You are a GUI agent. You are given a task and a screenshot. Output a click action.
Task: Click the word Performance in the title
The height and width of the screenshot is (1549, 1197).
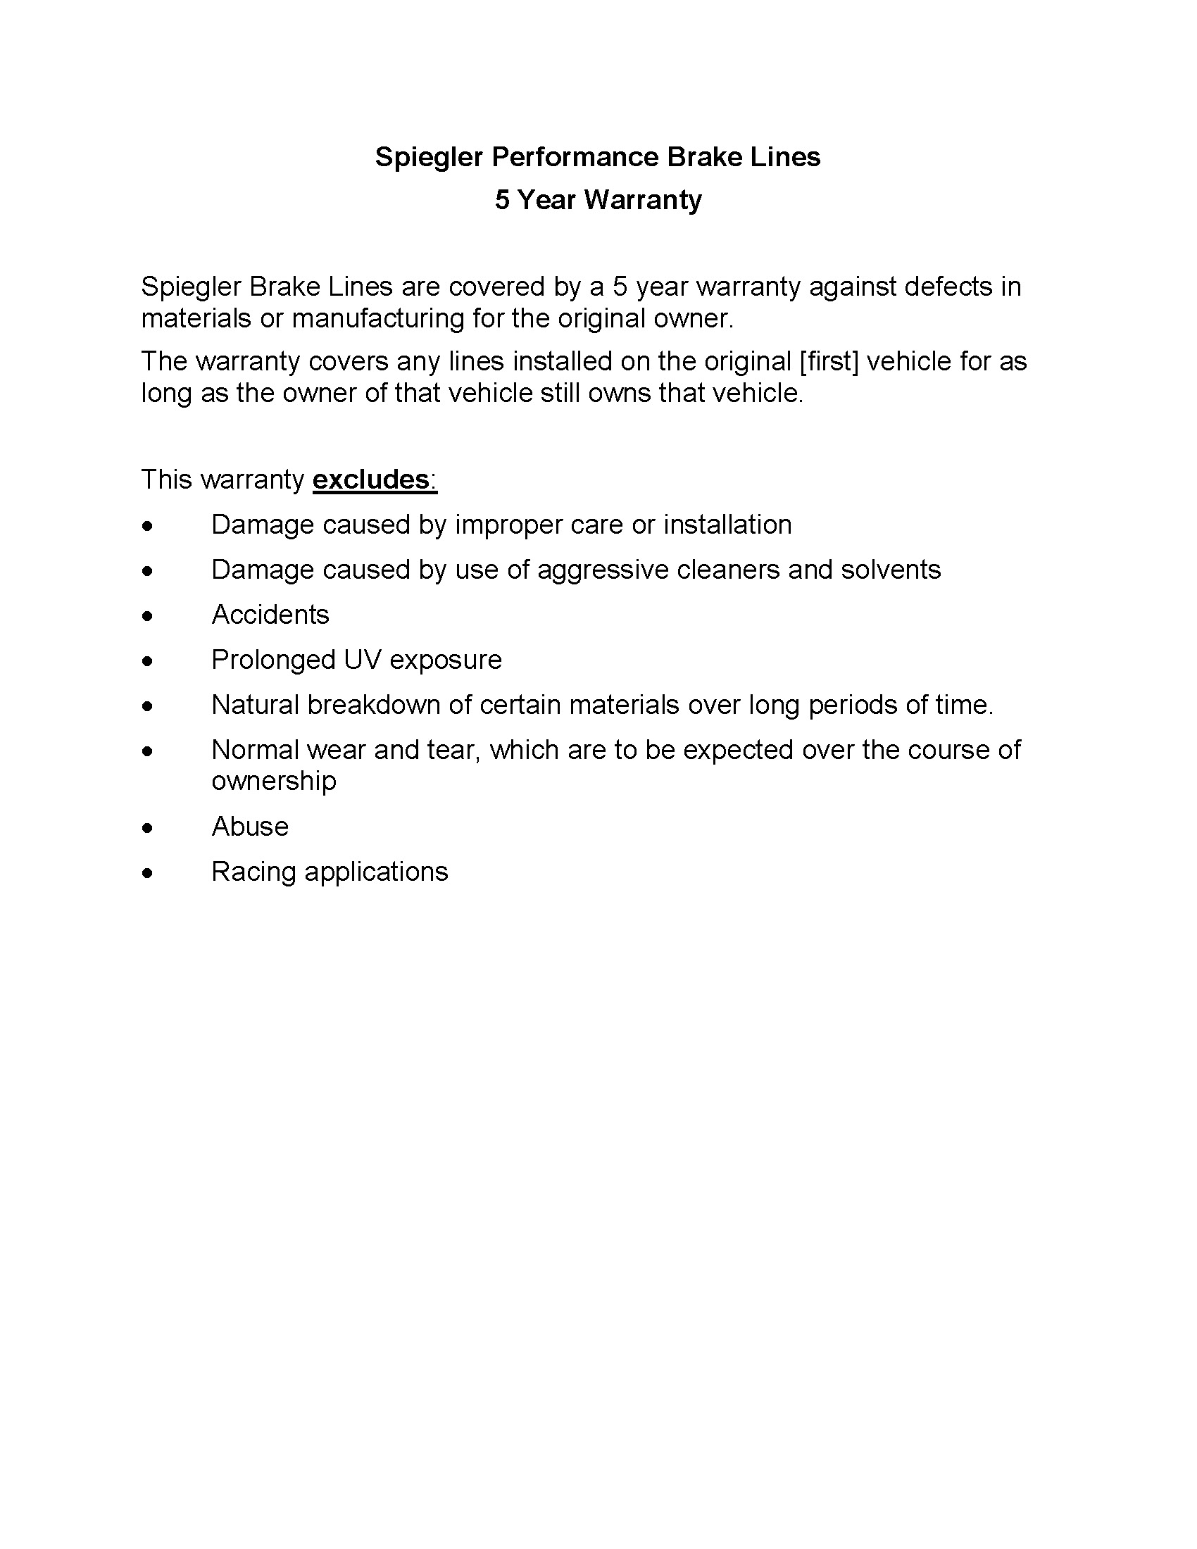(x=575, y=157)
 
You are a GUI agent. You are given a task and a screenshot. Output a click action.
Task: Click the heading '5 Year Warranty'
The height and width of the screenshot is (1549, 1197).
(x=598, y=200)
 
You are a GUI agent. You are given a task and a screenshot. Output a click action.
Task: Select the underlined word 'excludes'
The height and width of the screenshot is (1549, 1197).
(x=371, y=479)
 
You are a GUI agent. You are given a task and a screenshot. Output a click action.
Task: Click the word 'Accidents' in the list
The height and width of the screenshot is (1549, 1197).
(x=270, y=615)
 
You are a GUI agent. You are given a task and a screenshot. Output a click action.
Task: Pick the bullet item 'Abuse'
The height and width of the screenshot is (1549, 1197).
(x=250, y=827)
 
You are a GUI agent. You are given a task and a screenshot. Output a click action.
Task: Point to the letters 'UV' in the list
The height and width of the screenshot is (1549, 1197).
(x=363, y=660)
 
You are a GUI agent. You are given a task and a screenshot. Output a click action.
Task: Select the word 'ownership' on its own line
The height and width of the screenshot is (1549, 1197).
(x=274, y=782)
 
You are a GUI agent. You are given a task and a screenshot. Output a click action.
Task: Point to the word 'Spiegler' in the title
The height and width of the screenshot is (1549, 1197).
(x=428, y=157)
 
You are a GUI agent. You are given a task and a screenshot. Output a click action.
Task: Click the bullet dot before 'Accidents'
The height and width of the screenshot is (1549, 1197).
(x=146, y=616)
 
